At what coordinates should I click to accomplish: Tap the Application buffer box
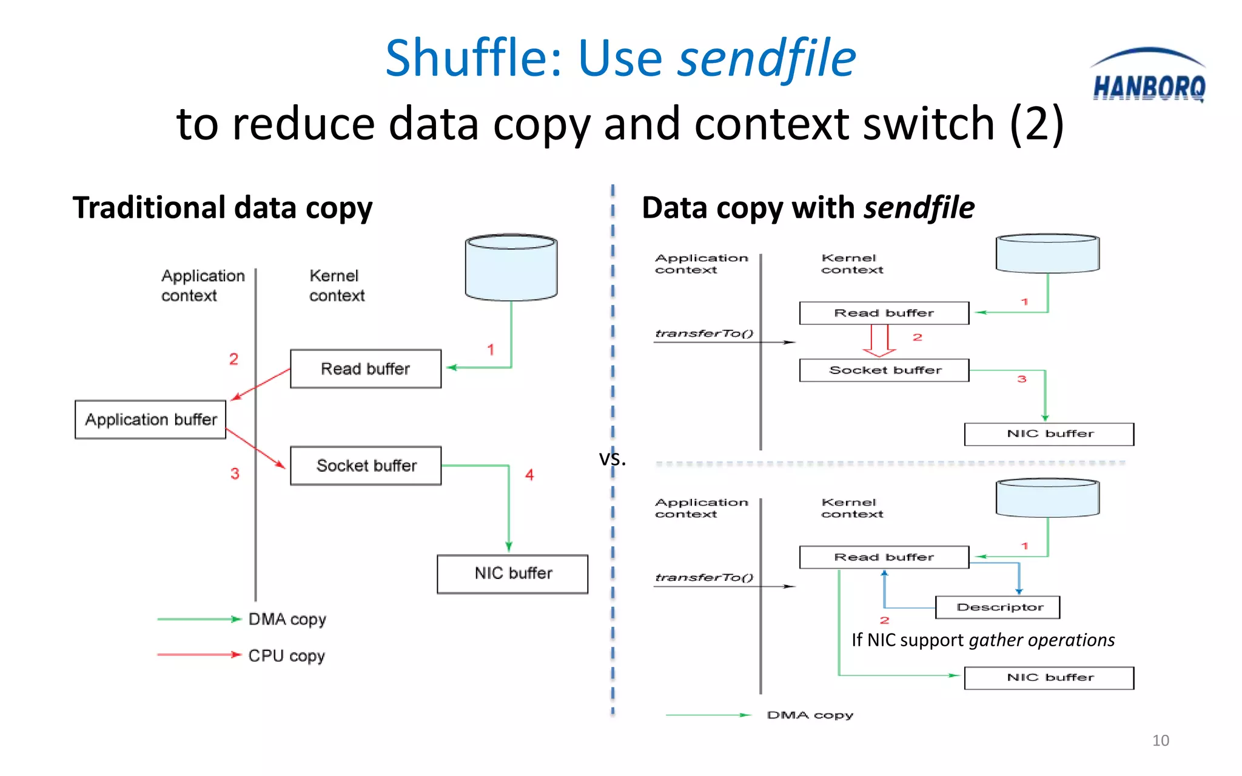(150, 420)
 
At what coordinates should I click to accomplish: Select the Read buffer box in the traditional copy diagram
(366, 369)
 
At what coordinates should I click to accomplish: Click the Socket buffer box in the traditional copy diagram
(366, 466)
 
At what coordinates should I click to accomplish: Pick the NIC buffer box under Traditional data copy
(512, 574)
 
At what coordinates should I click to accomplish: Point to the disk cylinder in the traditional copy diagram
(511, 267)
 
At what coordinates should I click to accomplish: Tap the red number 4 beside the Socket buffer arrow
(529, 475)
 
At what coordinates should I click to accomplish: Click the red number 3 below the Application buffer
(235, 473)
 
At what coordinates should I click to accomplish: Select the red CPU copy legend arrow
(199, 655)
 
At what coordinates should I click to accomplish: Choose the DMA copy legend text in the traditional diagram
(287, 620)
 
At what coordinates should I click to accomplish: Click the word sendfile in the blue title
(767, 59)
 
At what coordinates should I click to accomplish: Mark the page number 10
(1160, 740)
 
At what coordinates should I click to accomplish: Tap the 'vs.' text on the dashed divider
(613, 458)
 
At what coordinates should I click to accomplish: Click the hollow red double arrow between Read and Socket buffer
(879, 340)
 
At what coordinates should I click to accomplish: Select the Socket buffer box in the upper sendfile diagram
(884, 370)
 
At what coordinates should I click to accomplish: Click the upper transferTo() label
(703, 333)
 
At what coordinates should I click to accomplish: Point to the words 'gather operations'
(1042, 640)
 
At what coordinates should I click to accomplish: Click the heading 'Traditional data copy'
(223, 208)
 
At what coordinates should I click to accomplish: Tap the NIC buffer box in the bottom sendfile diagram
(1049, 678)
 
